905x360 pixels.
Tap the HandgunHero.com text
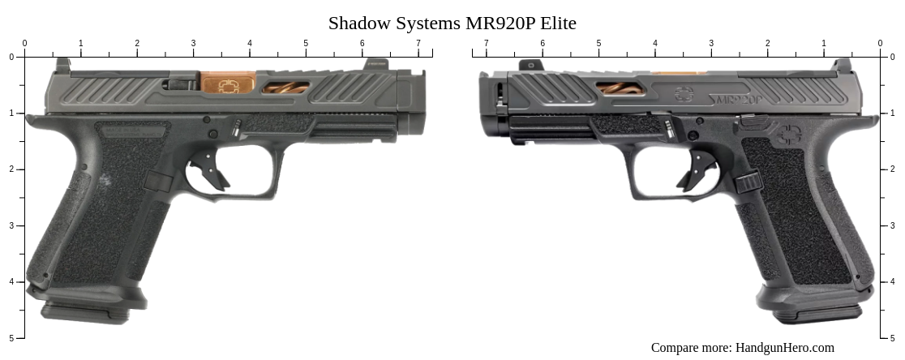tap(784, 348)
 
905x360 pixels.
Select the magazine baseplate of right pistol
tap(817, 311)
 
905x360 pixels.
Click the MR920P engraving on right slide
tap(736, 99)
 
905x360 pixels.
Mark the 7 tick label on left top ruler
tap(418, 43)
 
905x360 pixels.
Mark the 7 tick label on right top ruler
tap(486, 43)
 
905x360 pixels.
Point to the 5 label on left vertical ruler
tap(11, 338)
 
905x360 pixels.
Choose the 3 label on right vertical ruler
tap(893, 225)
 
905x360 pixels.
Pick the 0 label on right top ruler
tap(880, 43)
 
